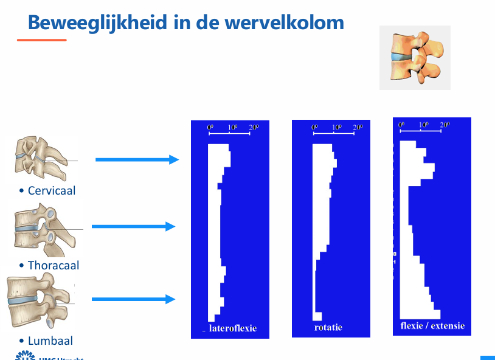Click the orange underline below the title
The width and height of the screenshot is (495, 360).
41,40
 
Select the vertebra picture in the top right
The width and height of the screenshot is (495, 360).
414,58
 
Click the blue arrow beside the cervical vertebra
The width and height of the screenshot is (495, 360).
137,160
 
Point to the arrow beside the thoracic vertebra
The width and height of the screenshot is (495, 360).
133,227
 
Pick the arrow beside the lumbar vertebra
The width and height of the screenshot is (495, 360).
133,299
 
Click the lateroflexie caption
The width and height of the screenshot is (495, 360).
232,328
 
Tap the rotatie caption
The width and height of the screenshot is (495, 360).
328,327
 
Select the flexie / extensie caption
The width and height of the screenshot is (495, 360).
432,325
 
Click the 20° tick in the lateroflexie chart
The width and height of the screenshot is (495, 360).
253,127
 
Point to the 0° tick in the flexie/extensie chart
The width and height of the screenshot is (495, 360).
401,125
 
